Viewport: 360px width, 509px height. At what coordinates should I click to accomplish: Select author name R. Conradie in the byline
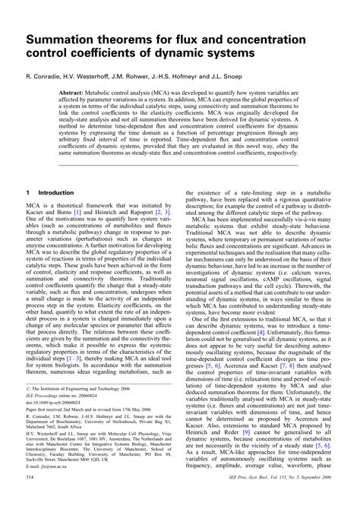[46, 77]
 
